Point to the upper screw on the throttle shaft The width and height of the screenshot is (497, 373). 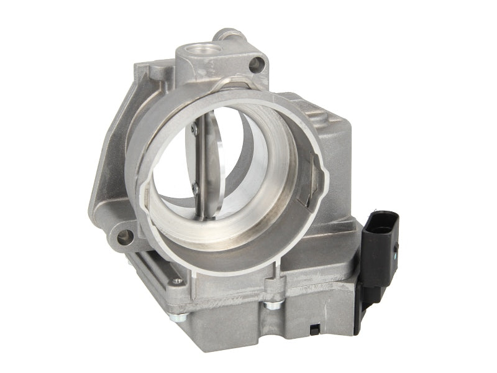(193, 129)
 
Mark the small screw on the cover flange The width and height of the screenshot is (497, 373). (180, 281)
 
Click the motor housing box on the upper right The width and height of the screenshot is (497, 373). (329, 137)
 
